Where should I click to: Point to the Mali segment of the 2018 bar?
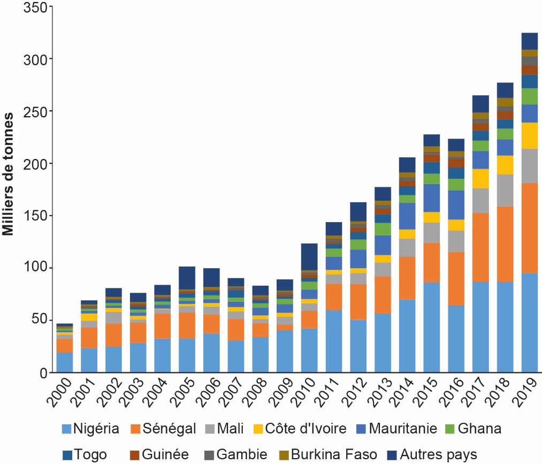click(x=505, y=190)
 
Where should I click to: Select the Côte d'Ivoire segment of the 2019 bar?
click(x=529, y=135)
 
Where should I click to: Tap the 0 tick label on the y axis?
click(x=44, y=373)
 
